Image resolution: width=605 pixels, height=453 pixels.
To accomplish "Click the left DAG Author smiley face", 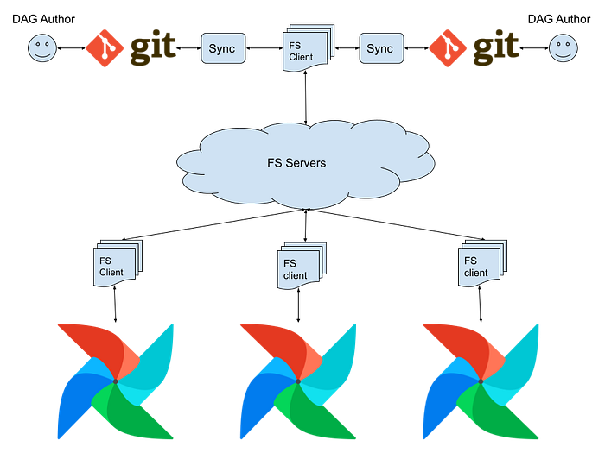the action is coord(42,48).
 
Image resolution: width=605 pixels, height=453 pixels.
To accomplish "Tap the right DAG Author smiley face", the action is coord(564,48).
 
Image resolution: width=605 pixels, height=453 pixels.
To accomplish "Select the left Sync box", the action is coord(223,48).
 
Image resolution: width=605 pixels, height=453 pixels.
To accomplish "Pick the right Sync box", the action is coord(381,48).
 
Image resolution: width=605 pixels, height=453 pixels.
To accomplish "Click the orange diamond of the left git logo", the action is coord(105,48).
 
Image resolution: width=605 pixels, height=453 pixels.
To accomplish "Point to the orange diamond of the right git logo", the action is coord(448,48).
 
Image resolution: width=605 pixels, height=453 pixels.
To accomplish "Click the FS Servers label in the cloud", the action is coord(296,163).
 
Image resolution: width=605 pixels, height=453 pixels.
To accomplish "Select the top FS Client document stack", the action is coord(308,48).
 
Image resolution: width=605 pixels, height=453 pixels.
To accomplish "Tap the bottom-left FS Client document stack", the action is coord(118,263).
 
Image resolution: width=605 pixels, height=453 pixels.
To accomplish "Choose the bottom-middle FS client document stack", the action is coord(302,266).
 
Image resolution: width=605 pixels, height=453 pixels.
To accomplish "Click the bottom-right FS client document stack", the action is coord(482,263).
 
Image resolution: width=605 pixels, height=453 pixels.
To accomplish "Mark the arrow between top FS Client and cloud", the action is coord(306,98).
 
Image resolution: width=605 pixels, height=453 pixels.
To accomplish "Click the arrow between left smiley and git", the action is coord(72,48).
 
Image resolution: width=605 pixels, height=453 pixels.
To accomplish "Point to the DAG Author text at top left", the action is coord(43,19).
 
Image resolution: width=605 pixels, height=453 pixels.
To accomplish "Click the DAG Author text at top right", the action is coord(559,19).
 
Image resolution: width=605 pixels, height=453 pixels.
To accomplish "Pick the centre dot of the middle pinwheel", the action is coord(298,381).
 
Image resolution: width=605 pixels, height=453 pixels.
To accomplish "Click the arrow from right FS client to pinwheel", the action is coord(480,305).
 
